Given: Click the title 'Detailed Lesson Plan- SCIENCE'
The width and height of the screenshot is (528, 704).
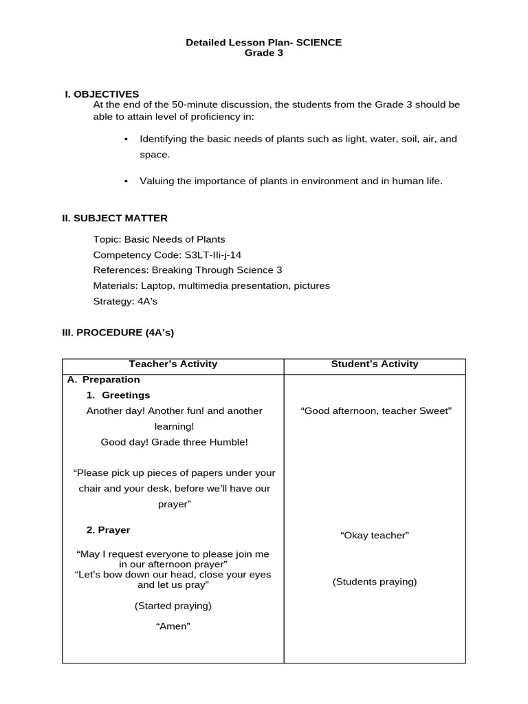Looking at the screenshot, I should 263,43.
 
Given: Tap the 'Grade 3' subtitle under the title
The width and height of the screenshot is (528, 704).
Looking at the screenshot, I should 264,53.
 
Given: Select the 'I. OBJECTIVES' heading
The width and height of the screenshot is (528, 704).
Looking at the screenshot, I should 102,94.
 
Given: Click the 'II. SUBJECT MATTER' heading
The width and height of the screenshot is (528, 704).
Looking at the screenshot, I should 115,219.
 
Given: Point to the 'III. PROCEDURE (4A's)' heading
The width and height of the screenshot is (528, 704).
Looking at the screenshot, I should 118,332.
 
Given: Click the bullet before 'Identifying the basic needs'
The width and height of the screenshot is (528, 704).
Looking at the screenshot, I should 126,140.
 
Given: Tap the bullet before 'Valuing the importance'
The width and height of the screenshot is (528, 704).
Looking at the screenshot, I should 126,181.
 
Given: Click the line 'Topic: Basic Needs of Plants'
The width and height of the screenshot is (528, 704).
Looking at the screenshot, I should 159,240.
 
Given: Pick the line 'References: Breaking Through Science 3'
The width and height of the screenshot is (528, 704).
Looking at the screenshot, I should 187,270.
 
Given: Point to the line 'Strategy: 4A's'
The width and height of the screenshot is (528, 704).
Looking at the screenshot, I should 125,301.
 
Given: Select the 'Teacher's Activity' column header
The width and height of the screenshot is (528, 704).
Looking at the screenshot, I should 173,364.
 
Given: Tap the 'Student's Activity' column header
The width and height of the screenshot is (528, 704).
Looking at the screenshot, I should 375,364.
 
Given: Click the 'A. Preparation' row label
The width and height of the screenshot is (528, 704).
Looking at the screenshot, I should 103,379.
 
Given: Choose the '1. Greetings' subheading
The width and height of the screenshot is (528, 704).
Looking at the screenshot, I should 118,395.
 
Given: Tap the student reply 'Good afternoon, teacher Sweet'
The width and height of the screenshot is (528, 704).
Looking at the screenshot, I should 376,411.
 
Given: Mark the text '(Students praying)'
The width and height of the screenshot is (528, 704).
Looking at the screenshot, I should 375,582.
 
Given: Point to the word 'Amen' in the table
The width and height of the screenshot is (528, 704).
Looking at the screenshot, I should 173,626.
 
